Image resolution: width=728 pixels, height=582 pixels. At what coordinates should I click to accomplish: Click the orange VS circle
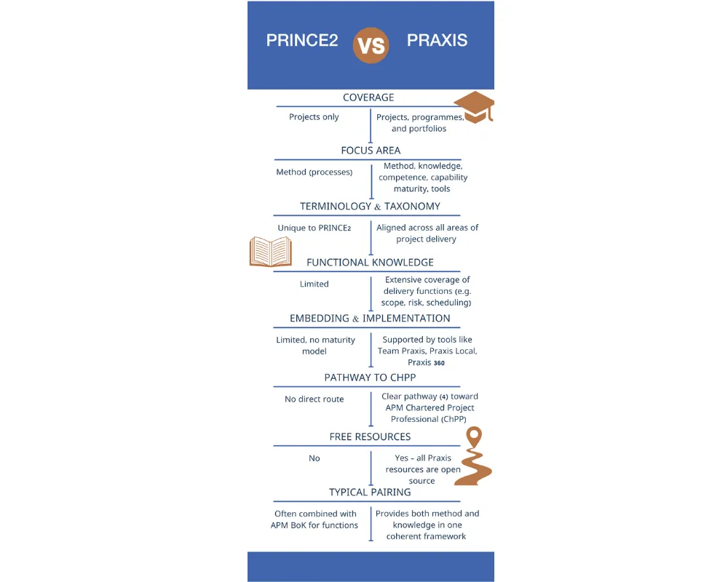(x=371, y=44)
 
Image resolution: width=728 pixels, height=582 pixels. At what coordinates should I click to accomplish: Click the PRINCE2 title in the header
(x=302, y=41)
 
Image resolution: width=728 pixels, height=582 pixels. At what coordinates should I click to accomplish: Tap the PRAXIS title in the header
(x=437, y=41)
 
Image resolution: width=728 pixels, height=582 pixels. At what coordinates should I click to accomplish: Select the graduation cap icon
(x=474, y=108)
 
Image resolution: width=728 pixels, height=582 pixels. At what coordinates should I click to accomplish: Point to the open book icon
(x=270, y=252)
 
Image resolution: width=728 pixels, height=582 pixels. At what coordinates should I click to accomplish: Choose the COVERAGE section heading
(x=368, y=97)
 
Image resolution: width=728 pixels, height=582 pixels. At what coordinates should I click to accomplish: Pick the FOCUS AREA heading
(x=371, y=151)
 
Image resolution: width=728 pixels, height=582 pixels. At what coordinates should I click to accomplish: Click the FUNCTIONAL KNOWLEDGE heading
(x=370, y=262)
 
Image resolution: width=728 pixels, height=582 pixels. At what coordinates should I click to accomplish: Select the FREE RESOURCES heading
(x=370, y=436)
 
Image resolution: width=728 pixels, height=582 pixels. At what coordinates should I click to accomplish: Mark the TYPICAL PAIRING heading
(x=370, y=493)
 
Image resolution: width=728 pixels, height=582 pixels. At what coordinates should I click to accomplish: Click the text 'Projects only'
(x=314, y=117)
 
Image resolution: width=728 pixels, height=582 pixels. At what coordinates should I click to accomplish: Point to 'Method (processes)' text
(x=314, y=172)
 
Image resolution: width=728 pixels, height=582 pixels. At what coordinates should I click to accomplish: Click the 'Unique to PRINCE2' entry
(x=314, y=228)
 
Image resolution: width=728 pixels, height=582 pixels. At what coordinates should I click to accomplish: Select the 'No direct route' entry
(x=314, y=399)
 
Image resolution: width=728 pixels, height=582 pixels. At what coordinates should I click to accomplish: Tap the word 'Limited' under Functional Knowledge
(x=314, y=284)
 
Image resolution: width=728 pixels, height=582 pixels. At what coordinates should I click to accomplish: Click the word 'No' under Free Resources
(x=314, y=458)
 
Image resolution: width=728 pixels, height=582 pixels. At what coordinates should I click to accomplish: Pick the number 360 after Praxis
(x=439, y=362)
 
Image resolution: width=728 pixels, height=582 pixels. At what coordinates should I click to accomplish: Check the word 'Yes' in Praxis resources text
(x=402, y=458)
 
